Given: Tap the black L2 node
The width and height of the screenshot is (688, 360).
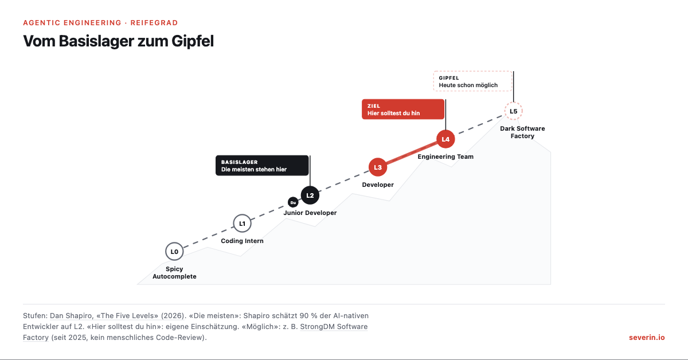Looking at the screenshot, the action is pos(310,195).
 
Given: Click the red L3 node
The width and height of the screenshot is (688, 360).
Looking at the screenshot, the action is pos(377,167).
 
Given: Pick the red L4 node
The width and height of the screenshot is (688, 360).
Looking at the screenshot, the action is pos(445,139).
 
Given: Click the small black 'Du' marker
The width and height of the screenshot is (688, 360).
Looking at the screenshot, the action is pos(293,202).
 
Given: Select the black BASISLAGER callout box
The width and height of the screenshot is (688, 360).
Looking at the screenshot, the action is pos(262,166).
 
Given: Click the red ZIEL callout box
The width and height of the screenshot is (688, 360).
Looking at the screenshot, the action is pos(403,109).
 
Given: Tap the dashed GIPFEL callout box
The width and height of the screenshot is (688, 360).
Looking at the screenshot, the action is pos(472,81).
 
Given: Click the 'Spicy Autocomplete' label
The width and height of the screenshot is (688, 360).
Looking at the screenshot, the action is pos(174,272).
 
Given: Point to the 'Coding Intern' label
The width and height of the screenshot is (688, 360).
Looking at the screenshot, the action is pos(242,241).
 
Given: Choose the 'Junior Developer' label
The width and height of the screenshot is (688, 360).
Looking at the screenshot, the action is pos(310,213).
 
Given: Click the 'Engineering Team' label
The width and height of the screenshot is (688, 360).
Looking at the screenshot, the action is pos(445,156).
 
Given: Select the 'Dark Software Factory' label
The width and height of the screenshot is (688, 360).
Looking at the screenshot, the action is pos(522,132).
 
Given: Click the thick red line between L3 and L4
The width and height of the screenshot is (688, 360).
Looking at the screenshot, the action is pos(412,153).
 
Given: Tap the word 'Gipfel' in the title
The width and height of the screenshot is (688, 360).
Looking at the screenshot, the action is pos(192,41).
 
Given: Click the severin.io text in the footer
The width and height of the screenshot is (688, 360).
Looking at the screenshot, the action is pos(647,337).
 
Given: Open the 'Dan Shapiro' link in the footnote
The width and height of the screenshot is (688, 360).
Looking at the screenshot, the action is pos(71,316).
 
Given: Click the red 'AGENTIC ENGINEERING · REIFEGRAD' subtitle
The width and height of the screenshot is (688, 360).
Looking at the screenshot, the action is pos(100,23).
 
